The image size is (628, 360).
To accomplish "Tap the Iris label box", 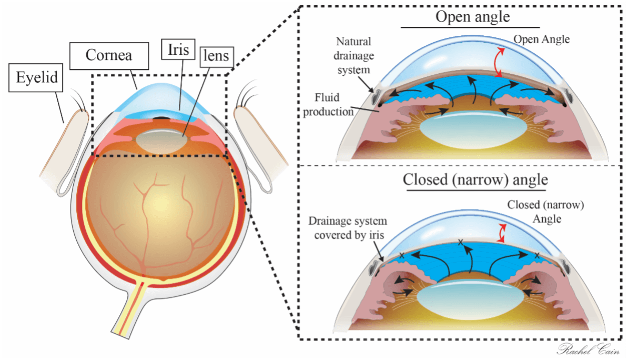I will point(178,51).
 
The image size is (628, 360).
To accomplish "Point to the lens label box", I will point(216,55).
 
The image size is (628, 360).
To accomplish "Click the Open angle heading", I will point(472,16).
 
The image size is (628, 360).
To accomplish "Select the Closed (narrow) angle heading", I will point(475,179).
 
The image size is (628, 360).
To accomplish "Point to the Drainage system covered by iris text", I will point(349,227).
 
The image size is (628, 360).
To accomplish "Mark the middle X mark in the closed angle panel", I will point(461,242).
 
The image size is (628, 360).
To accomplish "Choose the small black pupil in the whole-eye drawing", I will point(164,117).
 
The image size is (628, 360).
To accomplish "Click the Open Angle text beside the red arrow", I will point(541,39).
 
